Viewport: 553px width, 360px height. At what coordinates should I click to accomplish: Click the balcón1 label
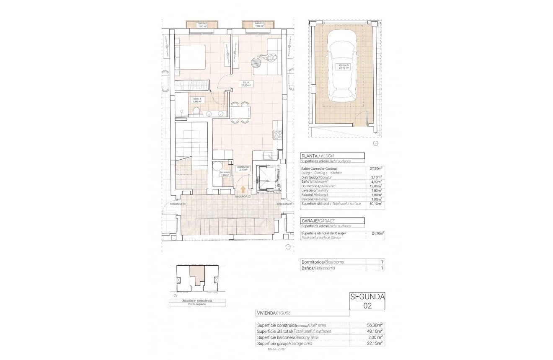point(203,25)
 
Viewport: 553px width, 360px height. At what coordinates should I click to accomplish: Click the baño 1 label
point(197,100)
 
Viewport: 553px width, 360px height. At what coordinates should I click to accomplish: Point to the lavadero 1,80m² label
point(225,174)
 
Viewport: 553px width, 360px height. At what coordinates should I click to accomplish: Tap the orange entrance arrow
point(243,190)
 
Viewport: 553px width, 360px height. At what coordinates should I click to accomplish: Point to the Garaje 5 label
point(344,67)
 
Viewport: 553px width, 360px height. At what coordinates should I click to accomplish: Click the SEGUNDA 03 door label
point(177,204)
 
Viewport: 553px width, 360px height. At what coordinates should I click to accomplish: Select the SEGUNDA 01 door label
point(284,204)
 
